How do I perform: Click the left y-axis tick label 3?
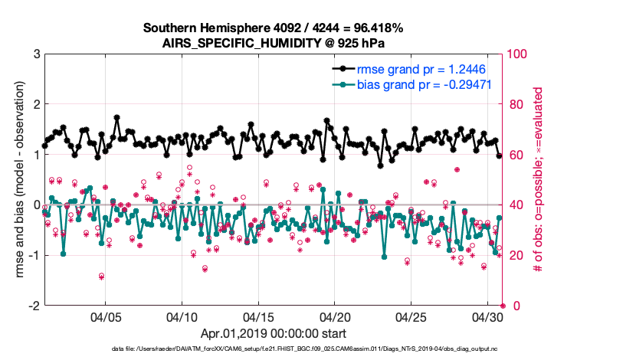point(36,54)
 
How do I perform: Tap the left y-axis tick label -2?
point(33,306)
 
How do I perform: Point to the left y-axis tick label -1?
point(33,255)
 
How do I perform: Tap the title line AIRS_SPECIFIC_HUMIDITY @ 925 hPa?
point(274,43)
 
